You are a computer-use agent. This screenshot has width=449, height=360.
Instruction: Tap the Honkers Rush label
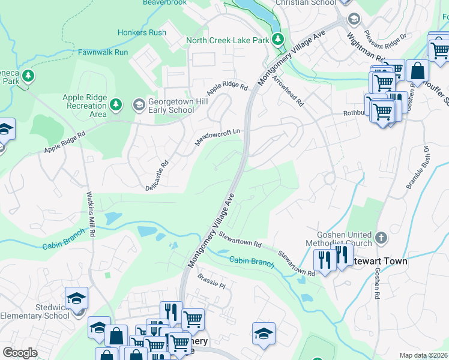[142, 32]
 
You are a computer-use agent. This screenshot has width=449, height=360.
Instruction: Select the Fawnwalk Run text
[103, 52]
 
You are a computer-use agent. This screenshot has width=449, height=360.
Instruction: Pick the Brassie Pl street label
[211, 281]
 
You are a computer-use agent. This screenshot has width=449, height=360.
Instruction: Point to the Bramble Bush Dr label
[418, 167]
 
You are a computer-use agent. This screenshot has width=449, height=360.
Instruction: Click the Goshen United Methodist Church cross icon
[381, 239]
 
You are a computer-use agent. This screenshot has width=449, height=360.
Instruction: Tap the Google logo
[20, 353]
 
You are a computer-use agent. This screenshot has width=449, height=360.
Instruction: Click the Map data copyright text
[423, 355]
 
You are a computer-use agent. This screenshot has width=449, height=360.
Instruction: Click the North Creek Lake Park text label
[227, 40]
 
